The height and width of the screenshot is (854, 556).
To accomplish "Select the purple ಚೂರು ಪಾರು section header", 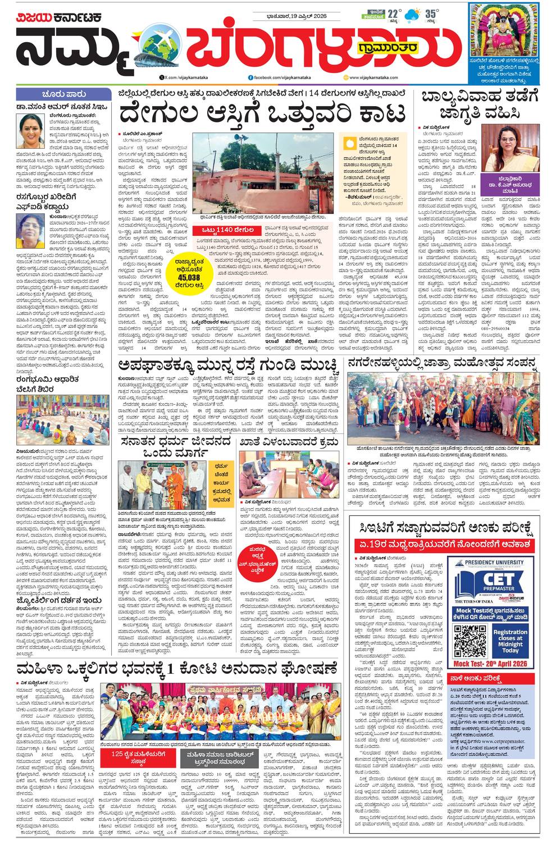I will pos(63,93).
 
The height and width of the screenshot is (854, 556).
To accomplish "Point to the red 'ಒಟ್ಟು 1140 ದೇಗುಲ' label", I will pos(225,230).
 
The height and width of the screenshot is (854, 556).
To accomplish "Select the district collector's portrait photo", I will pos(510,148).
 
